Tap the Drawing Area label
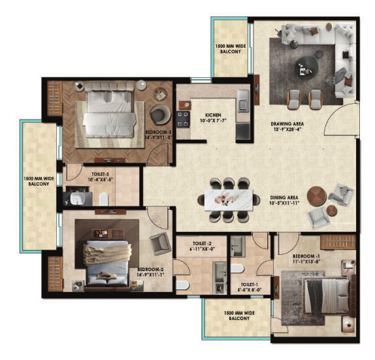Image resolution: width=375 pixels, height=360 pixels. pos(287,126)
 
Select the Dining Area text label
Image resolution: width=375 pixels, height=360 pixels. pos(284,202)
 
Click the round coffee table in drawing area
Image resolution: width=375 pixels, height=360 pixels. pos(305,66)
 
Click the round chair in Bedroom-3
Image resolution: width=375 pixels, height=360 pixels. pos(159,116)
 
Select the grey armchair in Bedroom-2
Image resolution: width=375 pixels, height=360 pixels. pos(159,244)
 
